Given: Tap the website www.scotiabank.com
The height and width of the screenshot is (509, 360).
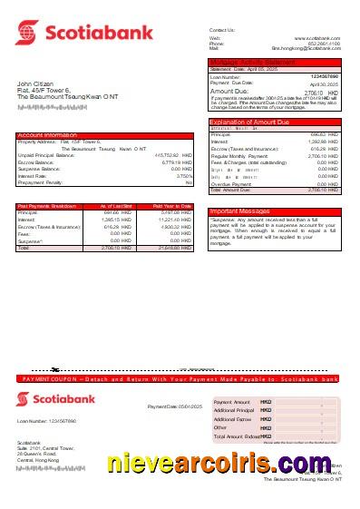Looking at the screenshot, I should click(x=320, y=37).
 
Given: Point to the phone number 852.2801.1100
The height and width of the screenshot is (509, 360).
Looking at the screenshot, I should click(x=324, y=43).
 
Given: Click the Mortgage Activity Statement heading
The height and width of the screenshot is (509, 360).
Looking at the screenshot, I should click(x=251, y=62).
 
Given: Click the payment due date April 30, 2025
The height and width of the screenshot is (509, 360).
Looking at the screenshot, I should click(x=324, y=83).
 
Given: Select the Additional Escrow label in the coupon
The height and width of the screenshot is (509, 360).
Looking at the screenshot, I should click(x=232, y=419).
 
